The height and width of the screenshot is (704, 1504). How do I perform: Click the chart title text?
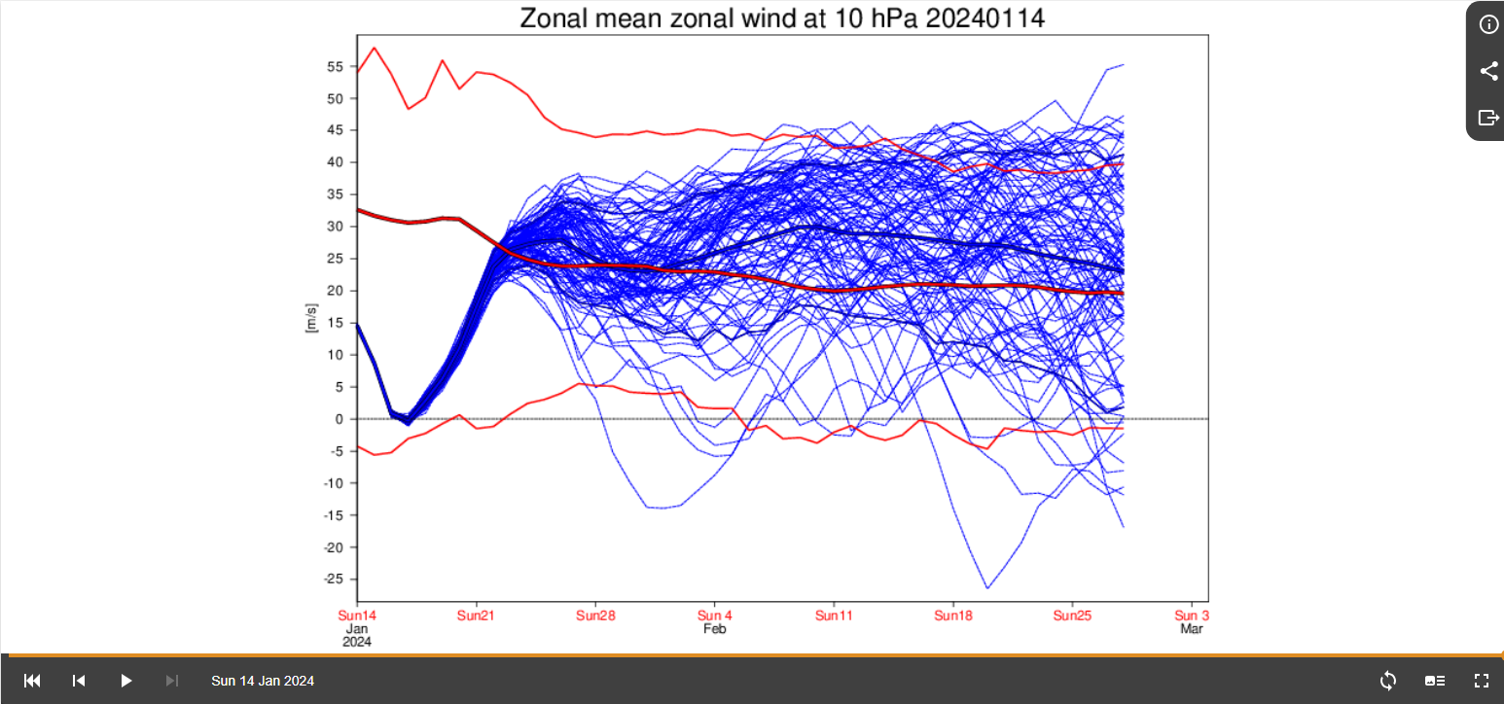click(782, 18)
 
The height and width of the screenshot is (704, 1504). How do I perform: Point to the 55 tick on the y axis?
click(336, 67)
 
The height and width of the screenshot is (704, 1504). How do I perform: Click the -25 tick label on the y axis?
click(333, 580)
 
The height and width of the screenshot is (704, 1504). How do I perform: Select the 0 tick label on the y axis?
click(340, 419)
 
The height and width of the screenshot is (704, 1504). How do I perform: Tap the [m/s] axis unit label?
click(312, 318)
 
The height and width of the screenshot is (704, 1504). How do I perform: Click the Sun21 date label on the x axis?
click(476, 616)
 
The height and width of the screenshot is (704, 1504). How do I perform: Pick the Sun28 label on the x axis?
click(595, 616)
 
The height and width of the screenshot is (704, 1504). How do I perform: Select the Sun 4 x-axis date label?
click(715, 616)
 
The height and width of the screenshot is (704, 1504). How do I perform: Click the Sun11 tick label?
click(834, 616)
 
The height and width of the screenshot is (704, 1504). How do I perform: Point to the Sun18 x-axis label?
click(953, 616)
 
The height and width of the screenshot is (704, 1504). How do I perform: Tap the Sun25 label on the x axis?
click(1072, 616)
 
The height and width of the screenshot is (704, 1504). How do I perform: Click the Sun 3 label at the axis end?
click(1192, 616)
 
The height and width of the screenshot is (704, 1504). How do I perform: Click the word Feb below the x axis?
click(715, 629)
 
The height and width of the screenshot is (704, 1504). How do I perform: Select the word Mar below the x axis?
click(1192, 629)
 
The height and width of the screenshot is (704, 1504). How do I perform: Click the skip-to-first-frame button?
click(32, 681)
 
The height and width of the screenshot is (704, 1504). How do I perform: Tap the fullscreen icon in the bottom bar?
click(1482, 681)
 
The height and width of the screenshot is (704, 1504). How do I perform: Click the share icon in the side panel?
click(1488, 71)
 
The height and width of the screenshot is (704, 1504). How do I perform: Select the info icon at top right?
click(1488, 24)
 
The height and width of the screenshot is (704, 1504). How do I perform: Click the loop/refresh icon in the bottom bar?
click(1388, 681)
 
